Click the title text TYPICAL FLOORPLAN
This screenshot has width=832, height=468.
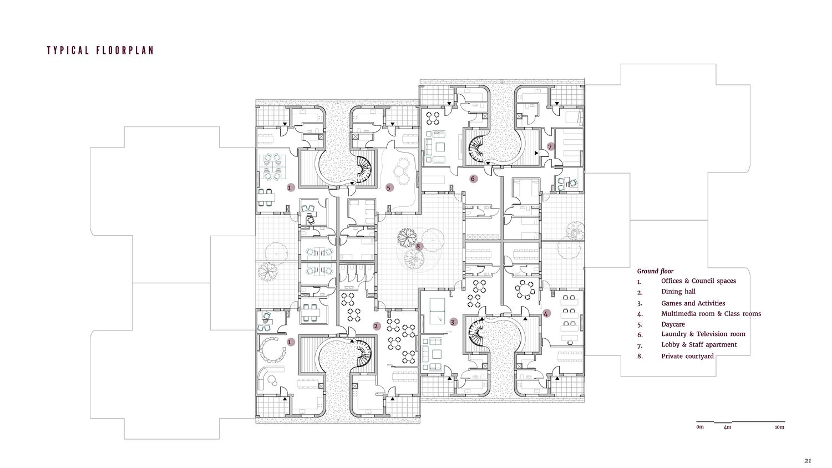100,50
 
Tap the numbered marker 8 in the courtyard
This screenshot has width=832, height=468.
419,246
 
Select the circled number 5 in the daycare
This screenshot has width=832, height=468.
389,187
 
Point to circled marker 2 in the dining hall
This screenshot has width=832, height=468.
376,327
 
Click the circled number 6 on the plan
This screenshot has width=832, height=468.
473,179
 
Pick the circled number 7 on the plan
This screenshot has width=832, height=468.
550,147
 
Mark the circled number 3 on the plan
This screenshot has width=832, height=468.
453,322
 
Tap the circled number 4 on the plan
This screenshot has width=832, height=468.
546,313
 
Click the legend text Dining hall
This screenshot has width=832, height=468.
678,292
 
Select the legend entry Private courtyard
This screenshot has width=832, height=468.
688,356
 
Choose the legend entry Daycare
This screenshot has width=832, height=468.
673,324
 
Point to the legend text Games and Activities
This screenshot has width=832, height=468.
693,303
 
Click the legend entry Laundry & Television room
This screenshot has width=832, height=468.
703,334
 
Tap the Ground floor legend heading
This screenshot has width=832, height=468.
655,271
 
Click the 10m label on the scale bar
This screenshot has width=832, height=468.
779,427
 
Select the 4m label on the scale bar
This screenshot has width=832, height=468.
727,427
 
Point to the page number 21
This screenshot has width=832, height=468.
808,461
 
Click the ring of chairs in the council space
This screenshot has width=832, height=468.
272,349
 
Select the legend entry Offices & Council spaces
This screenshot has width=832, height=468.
699,281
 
